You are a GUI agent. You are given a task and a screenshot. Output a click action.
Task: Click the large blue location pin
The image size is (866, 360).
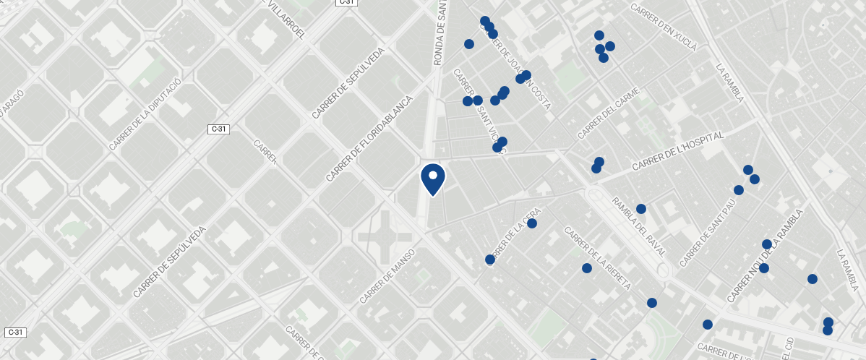(x=432, y=178)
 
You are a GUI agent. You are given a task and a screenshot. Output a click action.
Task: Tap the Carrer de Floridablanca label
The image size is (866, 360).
(x=368, y=139)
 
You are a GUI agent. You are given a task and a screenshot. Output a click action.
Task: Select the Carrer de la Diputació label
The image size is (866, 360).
(x=145, y=113)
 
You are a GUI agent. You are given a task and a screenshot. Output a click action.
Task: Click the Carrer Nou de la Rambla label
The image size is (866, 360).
(x=765, y=257)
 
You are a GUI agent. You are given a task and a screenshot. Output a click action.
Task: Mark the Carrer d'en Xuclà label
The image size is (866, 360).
(x=664, y=28)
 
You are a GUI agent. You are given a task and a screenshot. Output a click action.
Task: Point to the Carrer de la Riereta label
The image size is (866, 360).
(x=597, y=259)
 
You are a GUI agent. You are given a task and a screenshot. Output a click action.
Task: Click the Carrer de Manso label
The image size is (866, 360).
(x=387, y=277)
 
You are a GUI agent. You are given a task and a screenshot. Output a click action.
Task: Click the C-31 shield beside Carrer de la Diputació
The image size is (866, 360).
(x=218, y=129)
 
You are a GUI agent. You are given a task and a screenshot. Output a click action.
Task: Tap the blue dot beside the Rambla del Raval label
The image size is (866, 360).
(x=640, y=209)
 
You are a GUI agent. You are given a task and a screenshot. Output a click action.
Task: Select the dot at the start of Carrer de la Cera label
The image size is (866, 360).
(x=489, y=260)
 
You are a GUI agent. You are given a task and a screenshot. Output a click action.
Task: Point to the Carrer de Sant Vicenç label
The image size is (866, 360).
(x=479, y=108)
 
